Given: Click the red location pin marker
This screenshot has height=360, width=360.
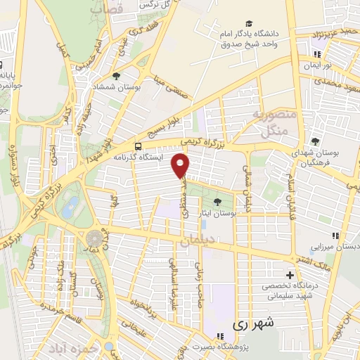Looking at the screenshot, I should tap(181, 166).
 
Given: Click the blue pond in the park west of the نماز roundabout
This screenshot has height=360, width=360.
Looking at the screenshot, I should tap(70, 207).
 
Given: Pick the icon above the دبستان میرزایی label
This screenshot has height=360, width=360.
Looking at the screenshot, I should tap(335, 236).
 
